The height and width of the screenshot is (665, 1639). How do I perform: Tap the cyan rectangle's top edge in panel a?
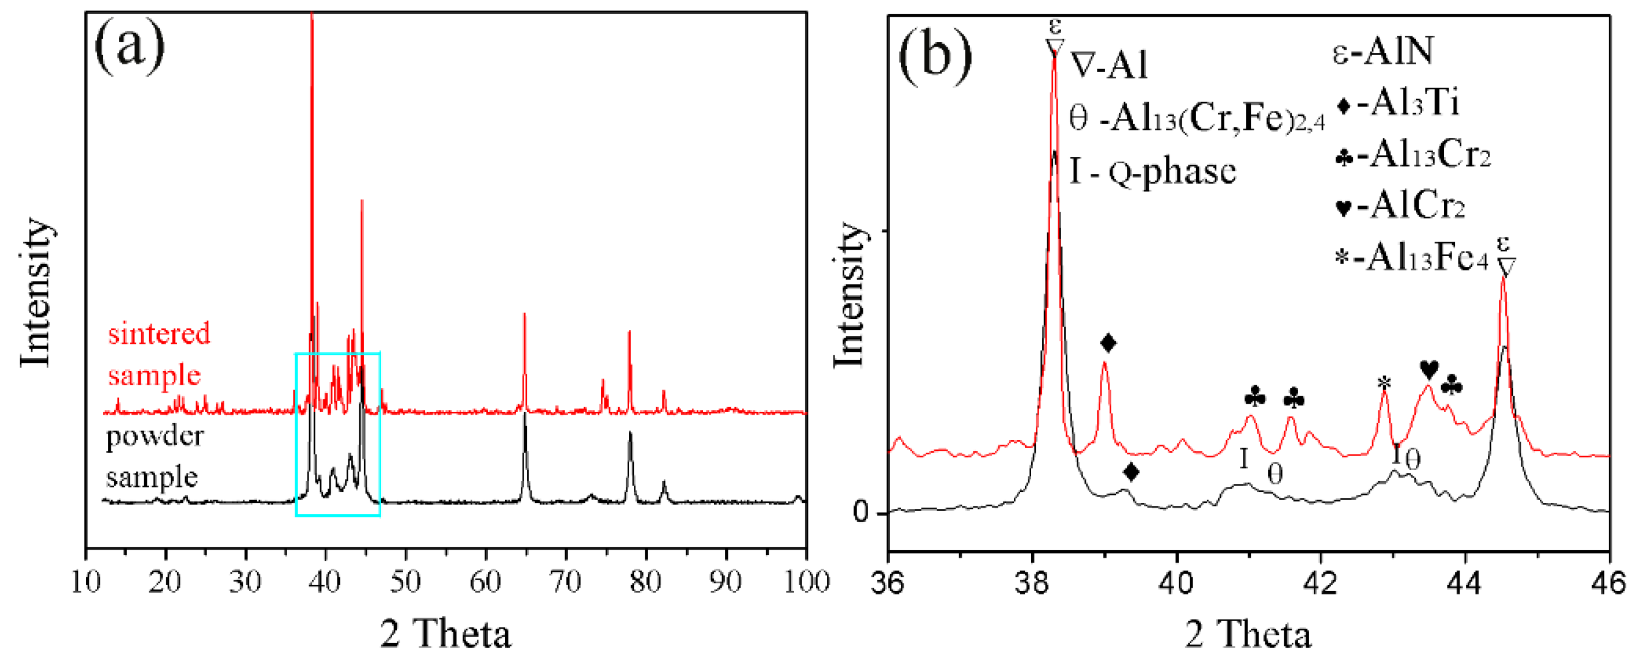338,353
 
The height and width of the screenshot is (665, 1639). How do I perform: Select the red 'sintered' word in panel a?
159,334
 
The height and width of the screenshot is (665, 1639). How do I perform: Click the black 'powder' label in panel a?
155,437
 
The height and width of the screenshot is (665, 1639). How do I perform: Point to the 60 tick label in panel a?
486,581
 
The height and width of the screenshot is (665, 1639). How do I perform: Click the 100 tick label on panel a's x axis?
806,581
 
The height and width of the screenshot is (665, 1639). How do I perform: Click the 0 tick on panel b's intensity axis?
861,512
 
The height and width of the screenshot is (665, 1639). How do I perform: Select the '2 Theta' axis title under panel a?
445,634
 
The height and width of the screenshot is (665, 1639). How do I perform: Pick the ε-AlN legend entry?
1383,51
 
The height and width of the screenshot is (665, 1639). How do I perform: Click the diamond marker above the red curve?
1108,343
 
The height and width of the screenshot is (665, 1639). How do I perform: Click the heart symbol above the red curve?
1429,369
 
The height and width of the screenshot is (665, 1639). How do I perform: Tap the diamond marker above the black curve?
1130,472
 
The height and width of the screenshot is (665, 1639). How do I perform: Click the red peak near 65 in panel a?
524,315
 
